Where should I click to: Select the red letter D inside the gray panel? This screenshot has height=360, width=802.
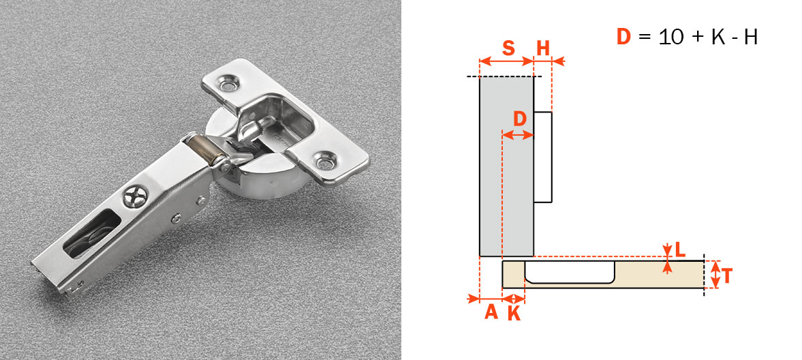pyautogui.click(x=519, y=119)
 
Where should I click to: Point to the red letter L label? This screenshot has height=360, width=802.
pyautogui.click(x=679, y=250)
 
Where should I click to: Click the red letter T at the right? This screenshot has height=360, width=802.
pyautogui.click(x=727, y=275)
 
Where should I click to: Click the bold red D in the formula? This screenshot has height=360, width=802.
pyautogui.click(x=623, y=36)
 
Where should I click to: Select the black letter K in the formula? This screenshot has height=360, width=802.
pyautogui.click(x=718, y=36)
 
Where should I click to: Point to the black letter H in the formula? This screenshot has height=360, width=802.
pyautogui.click(x=750, y=36)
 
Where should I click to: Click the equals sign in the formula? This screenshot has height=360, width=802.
pyautogui.click(x=645, y=37)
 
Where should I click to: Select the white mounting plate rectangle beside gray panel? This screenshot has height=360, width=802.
pyautogui.click(x=542, y=157)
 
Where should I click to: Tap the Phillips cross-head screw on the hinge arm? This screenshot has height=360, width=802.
pyautogui.click(x=133, y=199)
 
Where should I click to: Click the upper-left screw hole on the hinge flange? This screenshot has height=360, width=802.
pyautogui.click(x=228, y=85)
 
